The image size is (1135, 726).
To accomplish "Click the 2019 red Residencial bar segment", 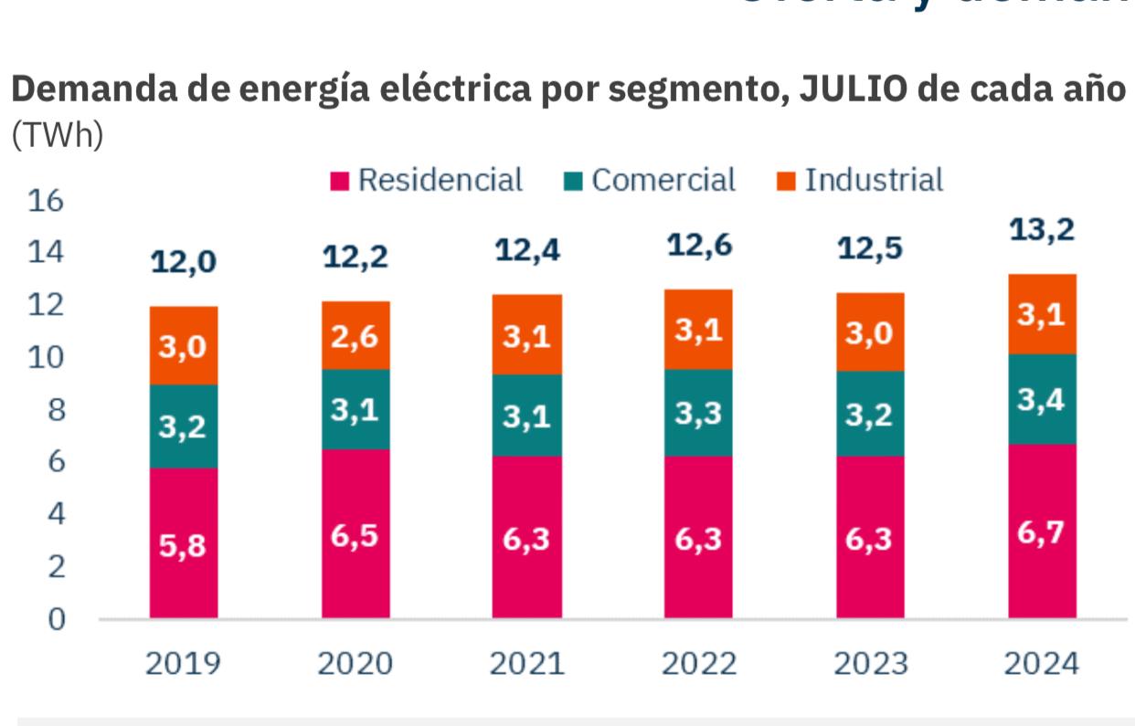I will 184,542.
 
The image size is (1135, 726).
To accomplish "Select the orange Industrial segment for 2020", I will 355,335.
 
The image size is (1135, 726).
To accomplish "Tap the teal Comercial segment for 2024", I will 1042,399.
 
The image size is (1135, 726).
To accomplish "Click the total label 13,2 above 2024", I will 1042,231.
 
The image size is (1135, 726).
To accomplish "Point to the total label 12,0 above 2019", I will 184,262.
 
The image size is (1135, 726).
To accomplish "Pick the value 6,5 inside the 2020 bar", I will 355,536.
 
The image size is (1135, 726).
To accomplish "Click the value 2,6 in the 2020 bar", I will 355,337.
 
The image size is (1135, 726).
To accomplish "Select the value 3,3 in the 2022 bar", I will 698,414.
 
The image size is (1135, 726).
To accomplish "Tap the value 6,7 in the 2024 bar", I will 1042,532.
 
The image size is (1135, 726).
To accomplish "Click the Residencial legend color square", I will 340,182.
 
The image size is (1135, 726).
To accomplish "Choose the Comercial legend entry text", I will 663,180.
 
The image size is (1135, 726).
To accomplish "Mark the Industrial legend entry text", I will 873,180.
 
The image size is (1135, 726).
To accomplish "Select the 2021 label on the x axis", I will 526,664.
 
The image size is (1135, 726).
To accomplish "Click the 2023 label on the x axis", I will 870,664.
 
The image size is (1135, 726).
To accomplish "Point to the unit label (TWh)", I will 58,135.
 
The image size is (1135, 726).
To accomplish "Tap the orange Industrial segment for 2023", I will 870,331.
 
